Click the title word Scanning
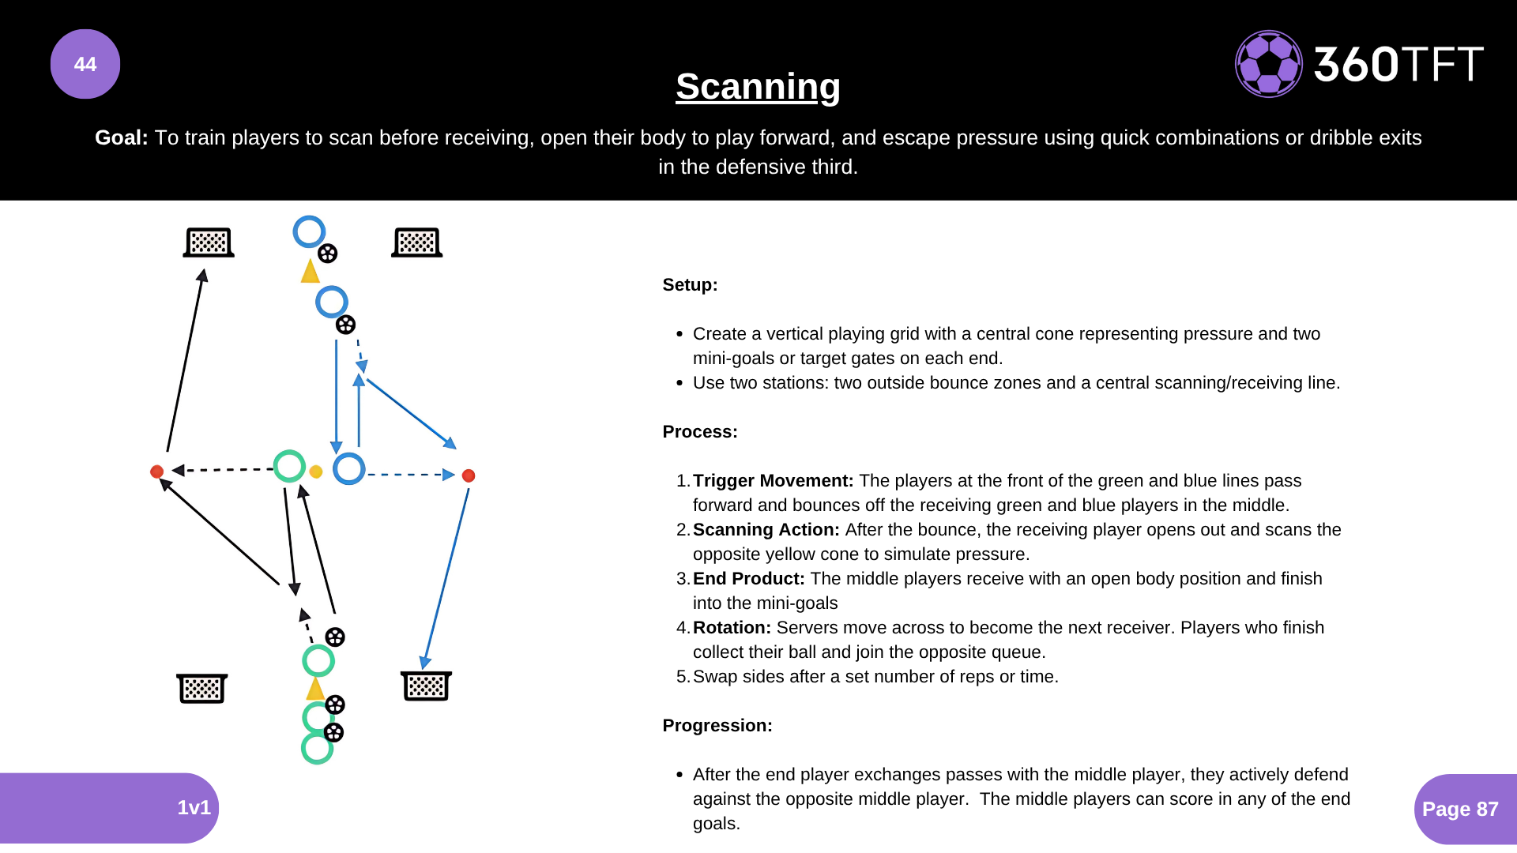758,86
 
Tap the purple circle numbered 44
85,64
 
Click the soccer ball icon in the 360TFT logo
1268,64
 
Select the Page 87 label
1460,809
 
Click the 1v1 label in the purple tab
194,807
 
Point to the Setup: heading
690,284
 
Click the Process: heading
699,431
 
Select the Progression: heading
717,725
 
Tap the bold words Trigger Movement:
773,480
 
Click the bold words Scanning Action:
766,529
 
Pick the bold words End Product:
748,578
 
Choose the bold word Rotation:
732,627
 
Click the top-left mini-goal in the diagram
209,242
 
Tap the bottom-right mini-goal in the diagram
426,686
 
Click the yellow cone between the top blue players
310,272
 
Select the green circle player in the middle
289,466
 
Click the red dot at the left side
156,472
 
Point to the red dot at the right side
469,475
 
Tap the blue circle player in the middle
348,468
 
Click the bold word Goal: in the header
121,137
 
